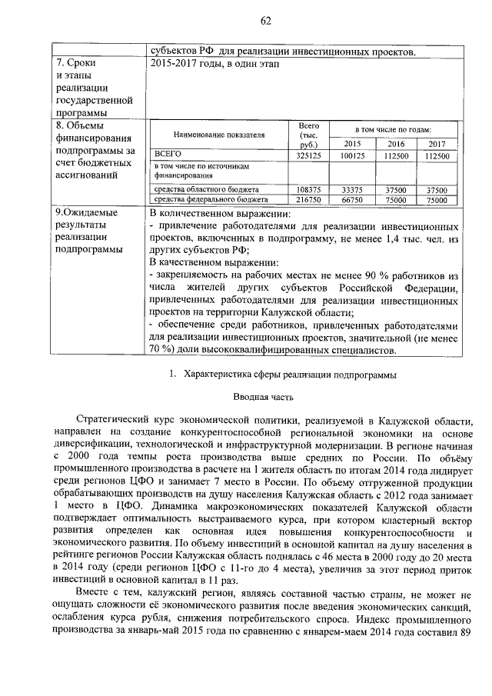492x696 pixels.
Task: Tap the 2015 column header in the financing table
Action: tap(352, 144)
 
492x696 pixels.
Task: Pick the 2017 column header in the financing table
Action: tap(437, 144)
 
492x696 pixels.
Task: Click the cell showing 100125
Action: tap(352, 155)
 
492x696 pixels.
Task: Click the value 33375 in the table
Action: tap(352, 189)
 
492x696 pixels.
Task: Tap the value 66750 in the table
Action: tap(352, 199)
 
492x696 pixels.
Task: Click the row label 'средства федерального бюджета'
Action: tap(207, 199)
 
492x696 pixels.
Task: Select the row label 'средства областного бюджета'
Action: tap(205, 189)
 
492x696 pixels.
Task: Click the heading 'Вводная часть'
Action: tap(264, 398)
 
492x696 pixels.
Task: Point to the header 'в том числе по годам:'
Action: tap(393, 129)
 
